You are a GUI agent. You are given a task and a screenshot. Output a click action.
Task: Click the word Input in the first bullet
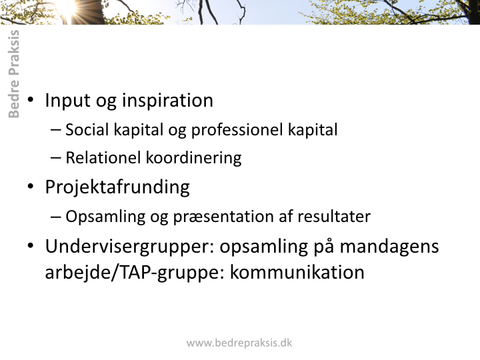click(67, 101)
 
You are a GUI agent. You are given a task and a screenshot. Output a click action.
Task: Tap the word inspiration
click(167, 101)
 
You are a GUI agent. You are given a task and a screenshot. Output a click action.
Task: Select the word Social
click(87, 129)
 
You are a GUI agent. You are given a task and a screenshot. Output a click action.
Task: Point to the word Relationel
click(103, 158)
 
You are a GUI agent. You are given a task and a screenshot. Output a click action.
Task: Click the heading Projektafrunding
click(117, 187)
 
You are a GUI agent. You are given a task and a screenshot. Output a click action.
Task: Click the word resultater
click(334, 217)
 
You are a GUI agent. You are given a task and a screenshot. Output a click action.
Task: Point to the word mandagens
click(389, 247)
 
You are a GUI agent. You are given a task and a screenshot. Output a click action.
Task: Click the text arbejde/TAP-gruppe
click(135, 273)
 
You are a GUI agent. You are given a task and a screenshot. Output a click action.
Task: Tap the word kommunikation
click(297, 272)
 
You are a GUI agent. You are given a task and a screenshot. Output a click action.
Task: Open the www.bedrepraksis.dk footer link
click(239, 343)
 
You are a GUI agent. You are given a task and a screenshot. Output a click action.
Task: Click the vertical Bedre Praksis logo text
click(14, 74)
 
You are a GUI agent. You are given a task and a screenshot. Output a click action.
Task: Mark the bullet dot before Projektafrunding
click(31, 187)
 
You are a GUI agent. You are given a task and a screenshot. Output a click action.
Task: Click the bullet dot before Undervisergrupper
click(31, 246)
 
